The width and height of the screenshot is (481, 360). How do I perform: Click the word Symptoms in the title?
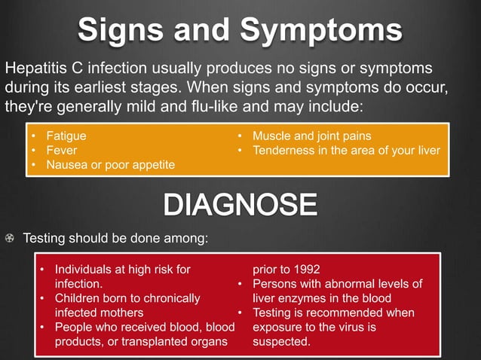(322, 30)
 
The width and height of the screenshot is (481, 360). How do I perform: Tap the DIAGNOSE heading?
(240, 205)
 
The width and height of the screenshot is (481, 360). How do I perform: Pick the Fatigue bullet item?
(66, 136)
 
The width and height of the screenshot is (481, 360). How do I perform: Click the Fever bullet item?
(62, 150)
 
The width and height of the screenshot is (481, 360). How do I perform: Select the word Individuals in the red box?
(85, 269)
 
